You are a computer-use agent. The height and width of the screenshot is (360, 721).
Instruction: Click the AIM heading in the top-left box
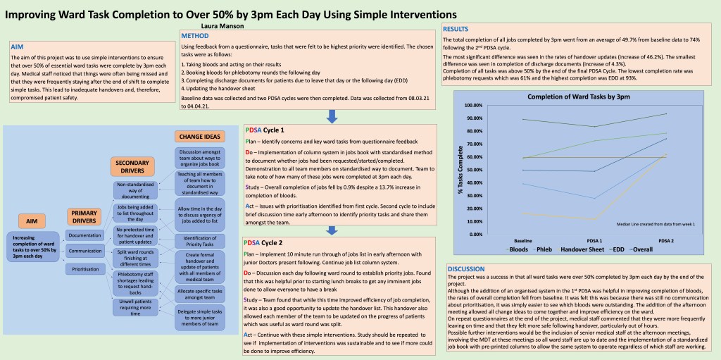17,46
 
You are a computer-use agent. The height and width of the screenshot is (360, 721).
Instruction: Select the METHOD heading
195,35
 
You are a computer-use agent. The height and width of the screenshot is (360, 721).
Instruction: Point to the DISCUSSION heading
465,269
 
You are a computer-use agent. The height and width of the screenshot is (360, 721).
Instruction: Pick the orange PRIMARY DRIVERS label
84,216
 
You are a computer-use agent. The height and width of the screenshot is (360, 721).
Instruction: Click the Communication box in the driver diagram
85,252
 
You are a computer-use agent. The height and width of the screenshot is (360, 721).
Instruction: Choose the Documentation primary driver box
85,235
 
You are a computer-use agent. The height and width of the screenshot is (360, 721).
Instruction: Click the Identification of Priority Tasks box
199,241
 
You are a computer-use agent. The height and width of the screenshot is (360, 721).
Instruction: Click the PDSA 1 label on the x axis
594,240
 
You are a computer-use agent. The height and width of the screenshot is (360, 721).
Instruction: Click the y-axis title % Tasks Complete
460,169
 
